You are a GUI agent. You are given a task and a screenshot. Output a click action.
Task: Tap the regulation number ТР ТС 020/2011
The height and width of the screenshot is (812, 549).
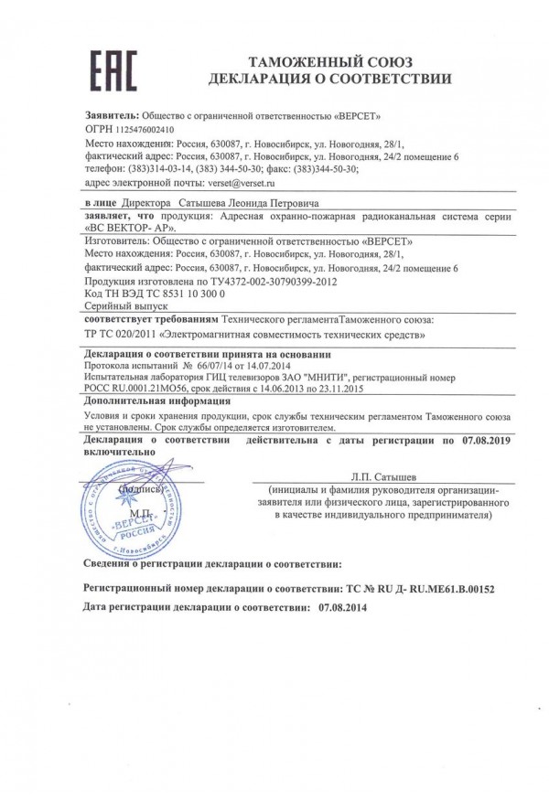coord(122,335)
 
